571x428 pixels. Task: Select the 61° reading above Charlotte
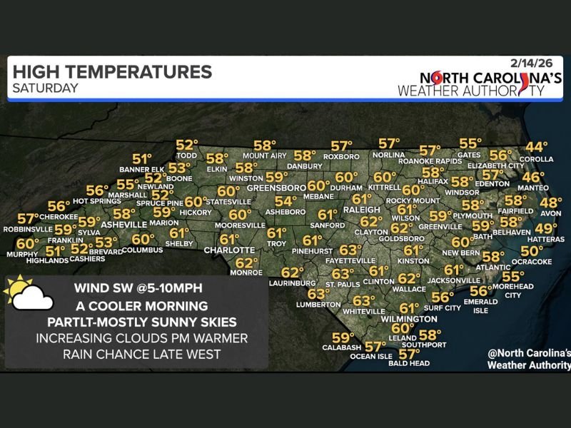click(x=229, y=240)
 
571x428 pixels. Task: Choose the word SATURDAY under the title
click(x=44, y=88)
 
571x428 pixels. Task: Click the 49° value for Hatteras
click(x=546, y=229)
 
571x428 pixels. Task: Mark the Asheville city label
click(x=123, y=224)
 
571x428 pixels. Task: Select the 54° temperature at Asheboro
click(x=285, y=202)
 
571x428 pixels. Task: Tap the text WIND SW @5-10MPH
click(x=136, y=290)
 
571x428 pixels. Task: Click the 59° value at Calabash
click(x=343, y=337)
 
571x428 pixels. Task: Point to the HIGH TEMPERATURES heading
click(x=112, y=72)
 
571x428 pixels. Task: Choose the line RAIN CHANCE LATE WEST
click(x=136, y=353)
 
